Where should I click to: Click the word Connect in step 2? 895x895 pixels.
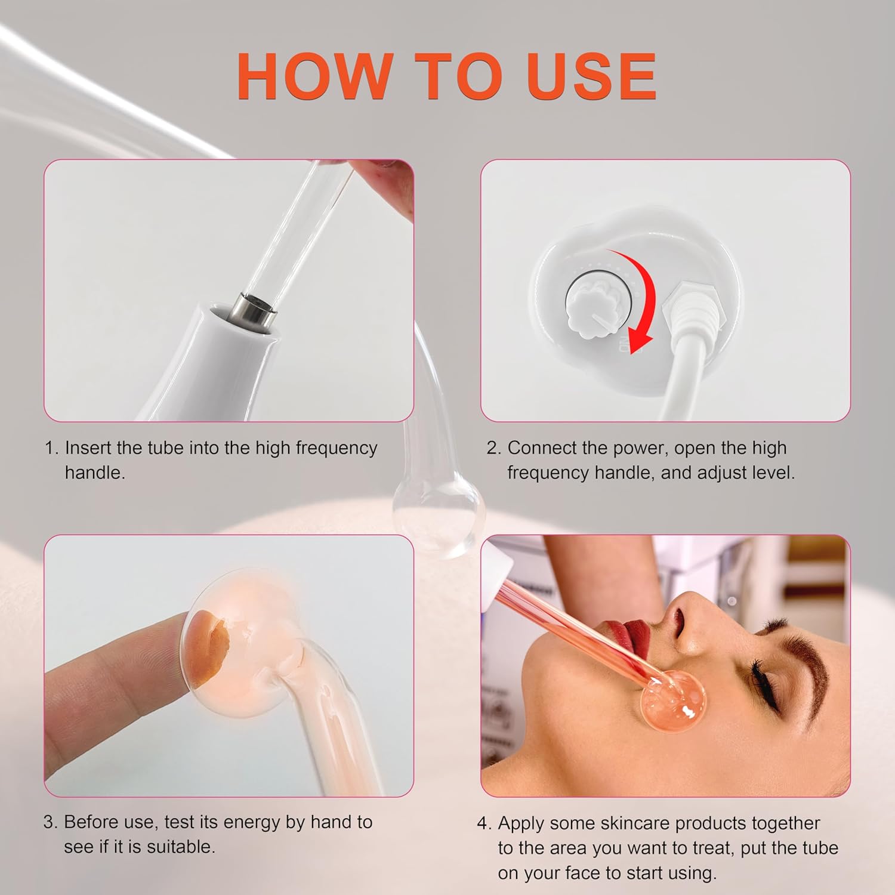(x=543, y=448)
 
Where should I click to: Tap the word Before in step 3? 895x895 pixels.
(x=93, y=822)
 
